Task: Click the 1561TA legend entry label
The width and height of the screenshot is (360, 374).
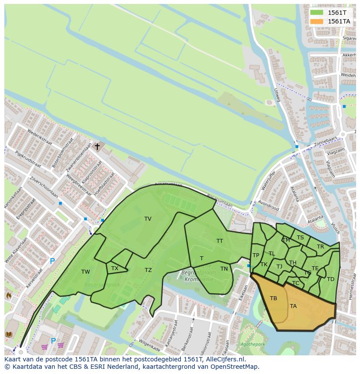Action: [x=339, y=21]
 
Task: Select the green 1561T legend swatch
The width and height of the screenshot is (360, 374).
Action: [x=317, y=13]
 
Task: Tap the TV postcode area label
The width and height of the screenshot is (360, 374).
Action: [x=148, y=219]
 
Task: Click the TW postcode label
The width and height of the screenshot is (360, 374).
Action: [x=86, y=272]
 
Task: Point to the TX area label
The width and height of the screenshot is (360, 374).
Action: [x=115, y=268]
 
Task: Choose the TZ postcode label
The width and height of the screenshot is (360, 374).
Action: [x=148, y=270]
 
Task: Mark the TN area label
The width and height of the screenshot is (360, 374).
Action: [x=224, y=269]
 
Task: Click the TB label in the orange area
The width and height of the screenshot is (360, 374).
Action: [x=273, y=298]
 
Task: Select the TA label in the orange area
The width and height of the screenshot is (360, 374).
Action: [x=293, y=306]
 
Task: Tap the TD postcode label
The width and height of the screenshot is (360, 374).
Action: [x=330, y=279]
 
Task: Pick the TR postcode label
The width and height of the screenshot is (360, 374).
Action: [x=320, y=247]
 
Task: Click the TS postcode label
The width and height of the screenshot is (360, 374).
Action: [x=300, y=238]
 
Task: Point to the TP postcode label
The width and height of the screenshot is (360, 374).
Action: [x=256, y=255]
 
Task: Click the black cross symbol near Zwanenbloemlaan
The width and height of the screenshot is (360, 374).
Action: [x=97, y=147]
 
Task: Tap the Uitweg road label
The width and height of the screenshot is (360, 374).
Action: [x=277, y=95]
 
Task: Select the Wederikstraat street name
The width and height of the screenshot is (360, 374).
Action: [x=39, y=138]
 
